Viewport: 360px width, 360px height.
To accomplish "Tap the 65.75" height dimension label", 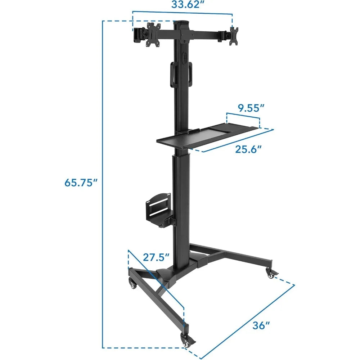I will tap(81, 183).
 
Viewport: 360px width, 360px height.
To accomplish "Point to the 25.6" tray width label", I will tap(248, 149).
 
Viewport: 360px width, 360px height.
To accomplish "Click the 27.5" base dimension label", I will tap(156, 258).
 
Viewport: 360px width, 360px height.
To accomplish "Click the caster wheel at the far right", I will tap(270, 273).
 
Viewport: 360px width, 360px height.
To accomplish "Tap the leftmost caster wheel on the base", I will tap(132, 284).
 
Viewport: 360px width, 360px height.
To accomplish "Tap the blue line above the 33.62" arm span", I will tap(182, 13).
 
